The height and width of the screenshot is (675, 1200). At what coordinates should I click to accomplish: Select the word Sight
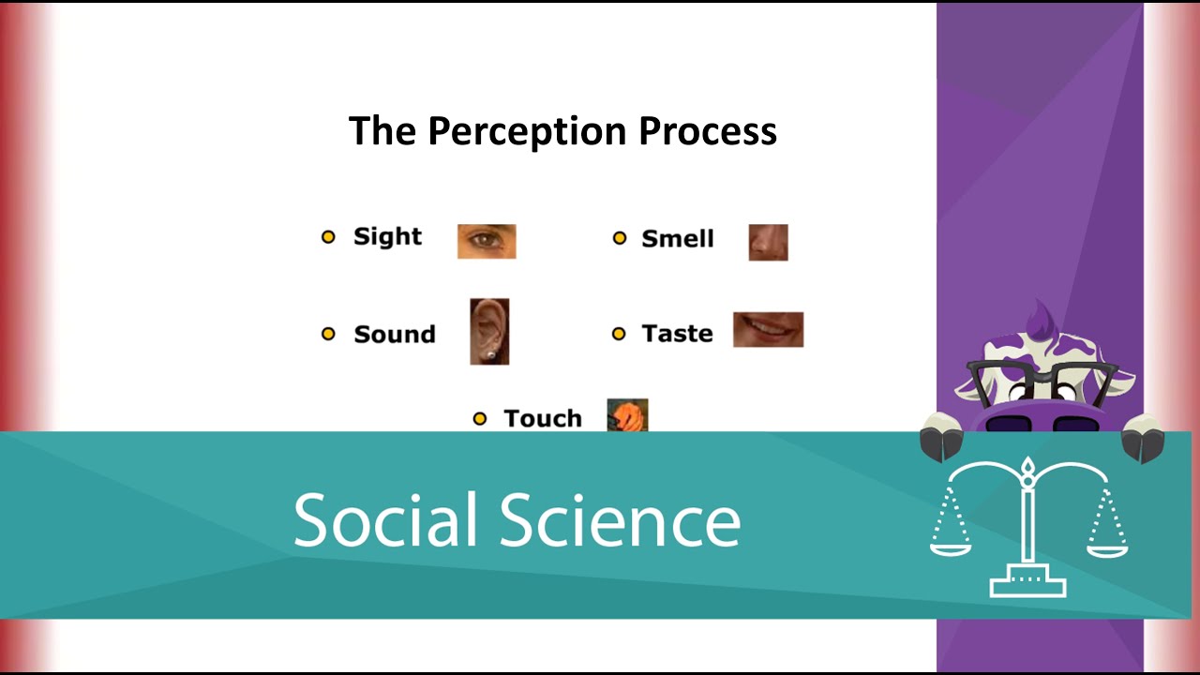click(x=387, y=236)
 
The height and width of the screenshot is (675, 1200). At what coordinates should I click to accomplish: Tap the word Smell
click(x=677, y=239)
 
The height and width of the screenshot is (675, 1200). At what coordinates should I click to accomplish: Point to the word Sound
click(x=394, y=335)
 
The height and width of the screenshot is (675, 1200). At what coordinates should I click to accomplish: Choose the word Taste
click(x=677, y=334)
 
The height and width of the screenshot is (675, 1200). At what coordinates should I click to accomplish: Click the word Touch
click(x=542, y=418)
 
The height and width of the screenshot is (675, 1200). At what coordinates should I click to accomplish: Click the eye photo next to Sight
click(x=487, y=241)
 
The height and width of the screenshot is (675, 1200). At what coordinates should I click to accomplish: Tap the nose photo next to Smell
click(x=768, y=242)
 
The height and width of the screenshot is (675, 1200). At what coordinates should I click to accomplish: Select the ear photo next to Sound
click(x=489, y=332)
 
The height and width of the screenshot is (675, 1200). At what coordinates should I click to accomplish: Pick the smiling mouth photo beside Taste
click(x=768, y=329)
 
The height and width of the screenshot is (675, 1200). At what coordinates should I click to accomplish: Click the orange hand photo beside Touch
click(x=627, y=415)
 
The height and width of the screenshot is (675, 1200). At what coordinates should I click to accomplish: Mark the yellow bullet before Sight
click(x=328, y=237)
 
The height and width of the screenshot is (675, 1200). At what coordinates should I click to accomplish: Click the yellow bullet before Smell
click(x=619, y=239)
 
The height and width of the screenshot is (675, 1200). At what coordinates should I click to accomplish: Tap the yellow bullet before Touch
click(x=480, y=419)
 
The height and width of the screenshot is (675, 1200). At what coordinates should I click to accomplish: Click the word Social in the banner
click(x=388, y=520)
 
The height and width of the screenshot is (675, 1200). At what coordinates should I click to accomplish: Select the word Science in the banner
click(x=620, y=520)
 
